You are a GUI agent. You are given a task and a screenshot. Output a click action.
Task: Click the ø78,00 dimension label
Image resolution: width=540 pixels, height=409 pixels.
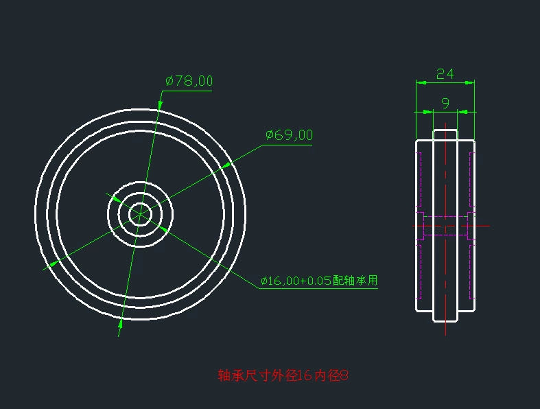tap(189, 81)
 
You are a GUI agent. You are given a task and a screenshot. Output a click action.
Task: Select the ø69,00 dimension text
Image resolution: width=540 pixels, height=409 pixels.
tap(289, 135)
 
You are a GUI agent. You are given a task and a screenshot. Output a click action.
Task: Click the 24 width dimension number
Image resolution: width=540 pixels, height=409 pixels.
tap(445, 73)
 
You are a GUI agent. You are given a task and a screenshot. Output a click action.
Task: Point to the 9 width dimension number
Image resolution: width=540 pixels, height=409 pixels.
tap(445, 103)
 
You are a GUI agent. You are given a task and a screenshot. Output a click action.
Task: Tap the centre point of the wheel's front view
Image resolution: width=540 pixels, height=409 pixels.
tap(140, 214)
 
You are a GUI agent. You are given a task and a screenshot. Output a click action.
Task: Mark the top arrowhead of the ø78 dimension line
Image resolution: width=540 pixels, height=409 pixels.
tap(160, 104)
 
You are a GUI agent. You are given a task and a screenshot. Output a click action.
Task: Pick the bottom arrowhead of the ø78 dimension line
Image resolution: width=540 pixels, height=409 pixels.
tap(121, 321)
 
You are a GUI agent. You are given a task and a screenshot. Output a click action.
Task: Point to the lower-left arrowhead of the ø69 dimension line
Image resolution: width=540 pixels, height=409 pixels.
tap(54, 264)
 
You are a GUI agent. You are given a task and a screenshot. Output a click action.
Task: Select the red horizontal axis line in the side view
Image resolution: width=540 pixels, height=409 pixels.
tap(484, 225)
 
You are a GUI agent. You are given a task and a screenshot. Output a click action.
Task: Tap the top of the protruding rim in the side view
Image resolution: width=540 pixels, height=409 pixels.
tap(445, 130)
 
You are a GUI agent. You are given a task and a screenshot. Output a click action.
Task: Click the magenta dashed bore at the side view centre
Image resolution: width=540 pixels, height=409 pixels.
tap(445, 226)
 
